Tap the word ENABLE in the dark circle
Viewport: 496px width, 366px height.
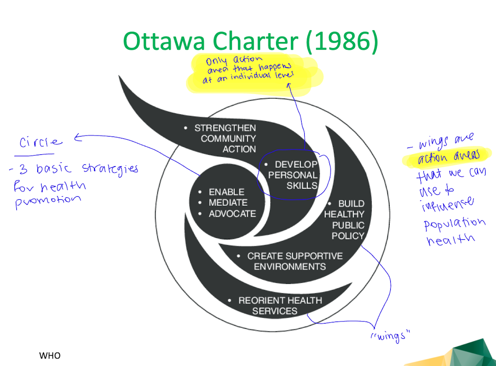coord(226,192)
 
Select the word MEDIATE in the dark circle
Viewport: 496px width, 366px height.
coord(228,203)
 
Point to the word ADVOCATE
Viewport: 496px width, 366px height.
coord(232,214)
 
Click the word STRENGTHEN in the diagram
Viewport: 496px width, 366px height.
coord(225,128)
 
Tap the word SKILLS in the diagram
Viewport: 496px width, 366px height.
coord(302,186)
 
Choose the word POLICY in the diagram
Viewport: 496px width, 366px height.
coord(348,236)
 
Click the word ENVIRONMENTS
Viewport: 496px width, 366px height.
coord(290,267)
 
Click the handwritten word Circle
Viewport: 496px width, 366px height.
coord(41,142)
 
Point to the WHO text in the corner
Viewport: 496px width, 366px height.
coord(49,356)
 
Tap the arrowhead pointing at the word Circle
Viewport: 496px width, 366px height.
coord(77,138)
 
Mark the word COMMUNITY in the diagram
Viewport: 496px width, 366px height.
coord(228,138)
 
